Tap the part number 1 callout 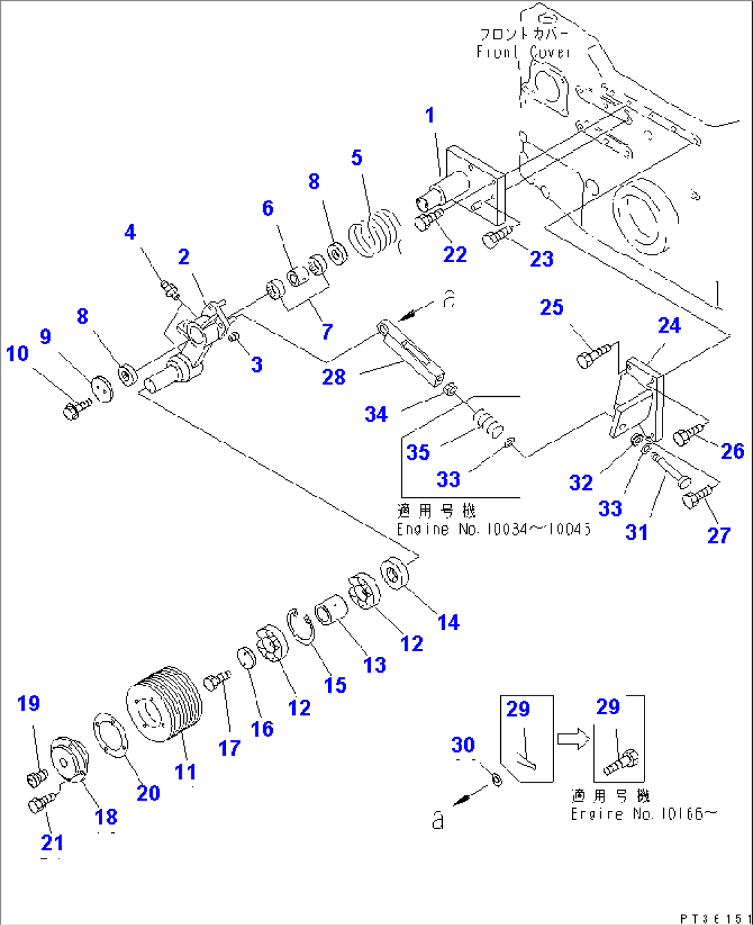(430, 115)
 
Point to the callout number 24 (669, 326)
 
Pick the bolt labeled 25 (593, 355)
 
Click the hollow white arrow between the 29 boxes (573, 739)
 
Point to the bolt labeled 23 (497, 238)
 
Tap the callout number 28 (334, 377)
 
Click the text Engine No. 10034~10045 (493, 530)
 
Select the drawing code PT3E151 (714, 918)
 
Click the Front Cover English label (523, 53)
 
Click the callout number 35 (418, 452)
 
